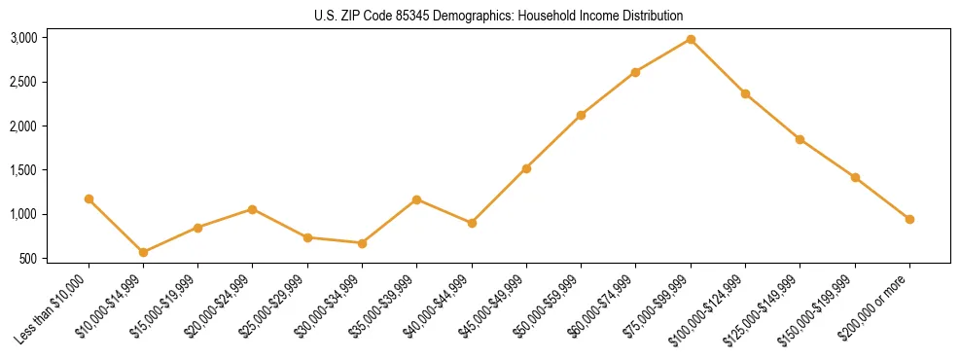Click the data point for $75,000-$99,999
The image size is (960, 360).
point(691,39)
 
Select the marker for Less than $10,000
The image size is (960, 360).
point(89,198)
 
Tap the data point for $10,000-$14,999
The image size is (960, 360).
point(143,252)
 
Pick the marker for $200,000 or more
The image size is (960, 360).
point(909,219)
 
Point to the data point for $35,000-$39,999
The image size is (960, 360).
point(416,199)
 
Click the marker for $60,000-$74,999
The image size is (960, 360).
point(635,72)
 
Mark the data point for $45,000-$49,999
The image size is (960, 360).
point(526,168)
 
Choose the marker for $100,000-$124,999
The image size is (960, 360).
point(745,93)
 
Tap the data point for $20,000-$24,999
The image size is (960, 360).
point(253,209)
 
